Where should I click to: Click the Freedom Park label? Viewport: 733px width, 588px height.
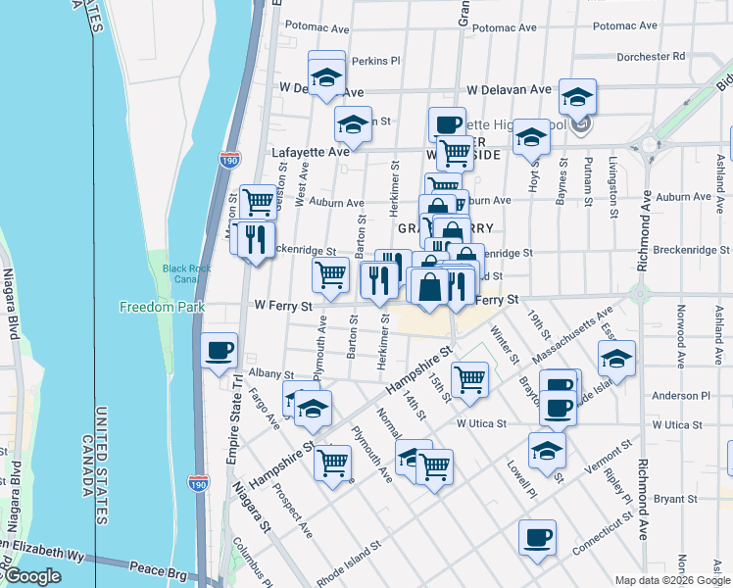pyautogui.click(x=162, y=307)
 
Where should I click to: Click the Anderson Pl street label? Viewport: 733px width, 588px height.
pyautogui.click(x=681, y=396)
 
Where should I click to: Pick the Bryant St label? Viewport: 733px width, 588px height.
pyautogui.click(x=674, y=499)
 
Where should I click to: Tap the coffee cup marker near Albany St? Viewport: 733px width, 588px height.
pyautogui.click(x=220, y=350)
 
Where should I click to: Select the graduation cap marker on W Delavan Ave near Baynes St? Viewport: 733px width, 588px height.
pyautogui.click(x=578, y=97)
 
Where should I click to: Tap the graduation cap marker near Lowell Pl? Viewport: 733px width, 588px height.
pyautogui.click(x=547, y=450)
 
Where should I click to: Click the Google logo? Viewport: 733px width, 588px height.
pyautogui.click(x=31, y=576)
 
